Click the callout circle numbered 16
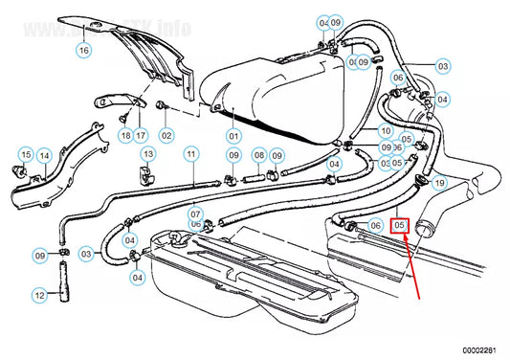click(83, 50)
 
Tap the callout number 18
click(124, 135)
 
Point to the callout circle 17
click(141, 135)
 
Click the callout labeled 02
click(166, 135)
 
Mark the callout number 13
click(147, 153)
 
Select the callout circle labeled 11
click(191, 153)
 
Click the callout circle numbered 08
click(258, 154)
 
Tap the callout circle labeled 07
click(196, 214)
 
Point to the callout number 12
click(40, 296)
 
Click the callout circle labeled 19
click(439, 182)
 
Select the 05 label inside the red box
click(401, 226)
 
